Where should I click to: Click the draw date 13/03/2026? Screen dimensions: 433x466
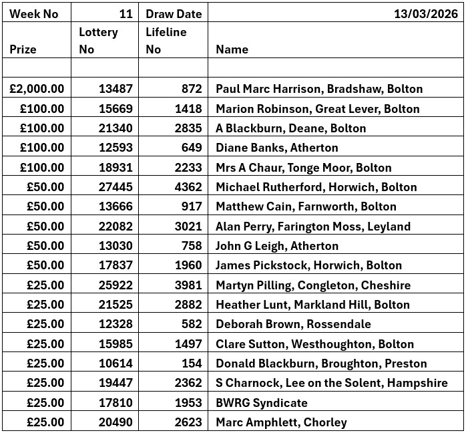point(425,13)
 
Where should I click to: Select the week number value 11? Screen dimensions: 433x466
point(126,13)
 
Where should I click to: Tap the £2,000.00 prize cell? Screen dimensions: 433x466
point(38,89)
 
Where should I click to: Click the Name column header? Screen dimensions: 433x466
point(232,49)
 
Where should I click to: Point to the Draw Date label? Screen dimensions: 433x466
point(174,13)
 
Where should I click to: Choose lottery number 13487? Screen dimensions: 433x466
point(115,89)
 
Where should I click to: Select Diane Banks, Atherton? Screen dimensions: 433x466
point(276,148)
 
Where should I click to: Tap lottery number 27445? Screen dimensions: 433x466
point(115,187)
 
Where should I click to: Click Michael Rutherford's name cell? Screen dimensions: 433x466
point(316,187)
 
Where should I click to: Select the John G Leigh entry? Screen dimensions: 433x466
point(276,246)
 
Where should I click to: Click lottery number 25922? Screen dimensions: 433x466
point(115,285)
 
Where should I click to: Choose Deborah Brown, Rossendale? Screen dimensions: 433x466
point(293,325)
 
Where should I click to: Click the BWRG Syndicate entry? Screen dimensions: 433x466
point(261,403)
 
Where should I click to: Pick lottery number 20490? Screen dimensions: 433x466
point(115,422)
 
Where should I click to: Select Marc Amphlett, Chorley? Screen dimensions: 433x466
point(281,422)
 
